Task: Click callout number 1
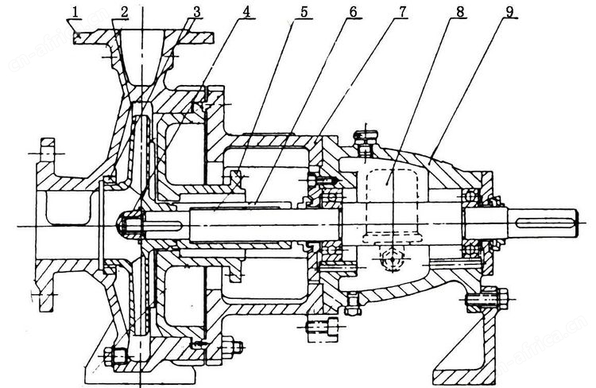coord(75,12)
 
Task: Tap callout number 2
coord(124,12)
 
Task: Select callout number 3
coord(196,12)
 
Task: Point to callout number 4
coord(246,12)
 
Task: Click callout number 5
coord(304,12)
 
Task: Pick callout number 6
coord(353,12)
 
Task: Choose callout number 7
coord(403,12)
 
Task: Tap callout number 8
coord(460,12)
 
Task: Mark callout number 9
coord(509,12)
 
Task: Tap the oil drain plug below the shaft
coord(392,258)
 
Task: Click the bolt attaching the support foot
coord(487,298)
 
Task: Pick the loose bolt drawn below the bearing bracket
coord(323,326)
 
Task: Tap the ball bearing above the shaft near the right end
coord(471,196)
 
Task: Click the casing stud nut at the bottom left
coord(118,356)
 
